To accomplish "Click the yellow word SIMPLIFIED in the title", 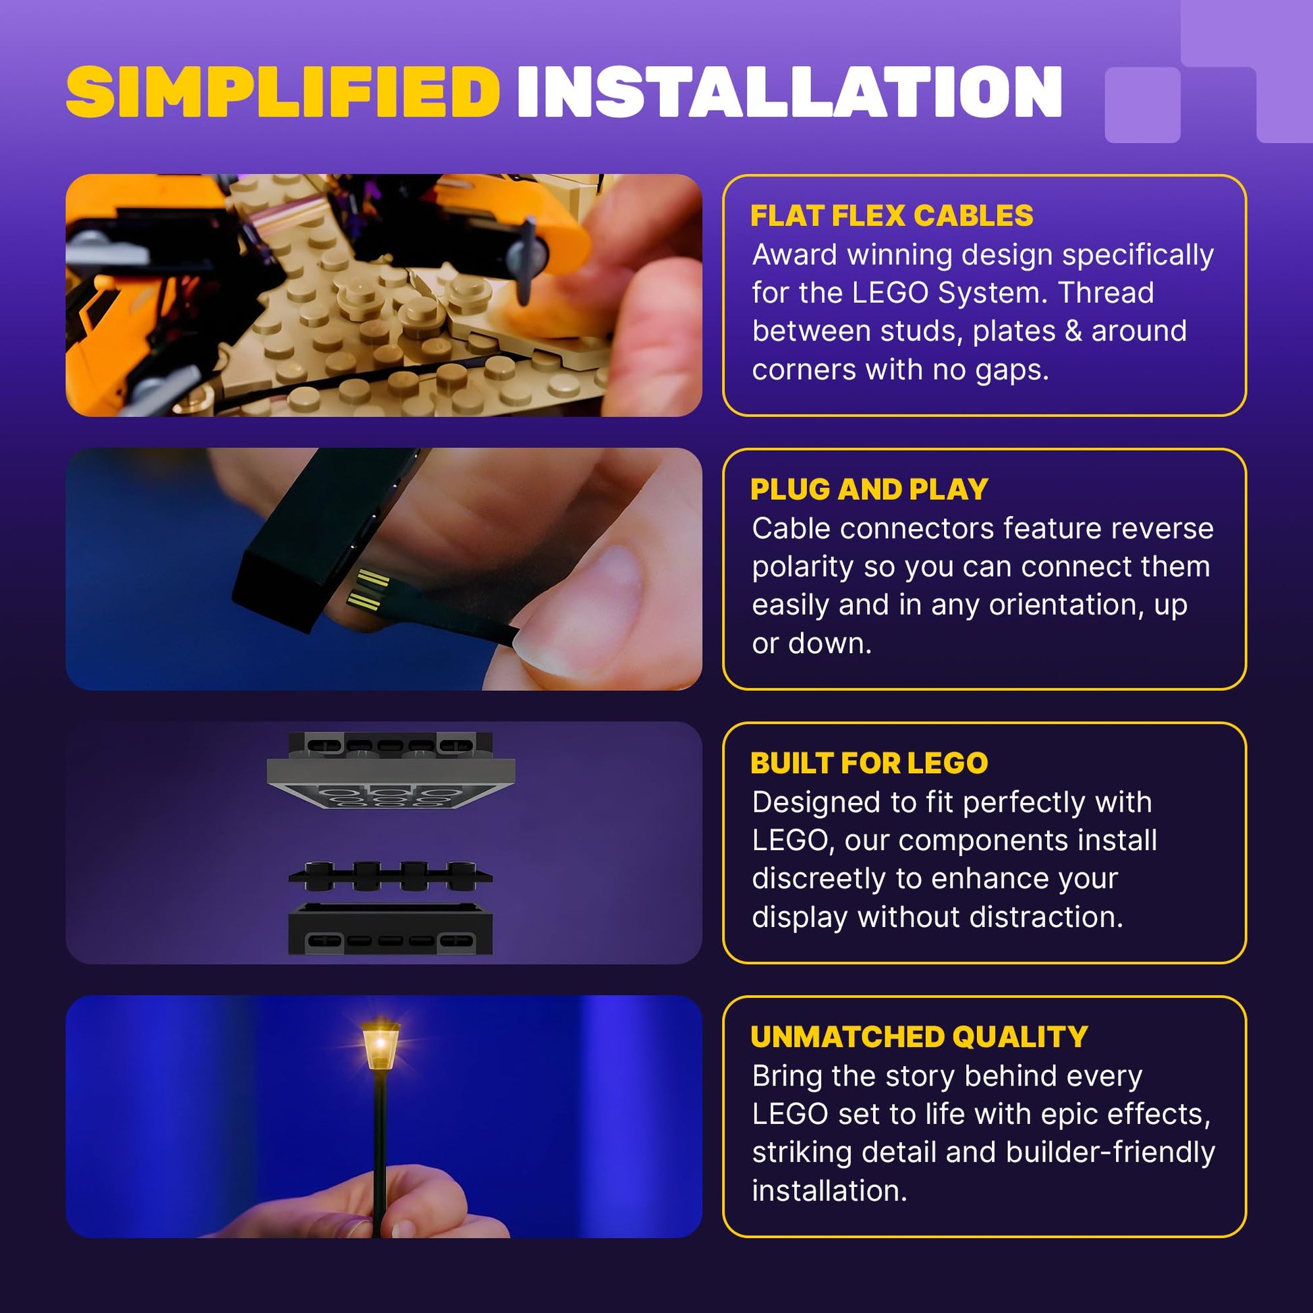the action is coord(283,92).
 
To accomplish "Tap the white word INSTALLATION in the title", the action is coord(789,92).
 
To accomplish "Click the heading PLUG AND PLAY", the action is coord(869,489).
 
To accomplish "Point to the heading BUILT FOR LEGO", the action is coord(869,763).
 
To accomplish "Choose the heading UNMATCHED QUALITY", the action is coord(920,1037).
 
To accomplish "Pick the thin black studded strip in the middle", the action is coord(391,876).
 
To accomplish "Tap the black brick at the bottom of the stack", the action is coord(391,928).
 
